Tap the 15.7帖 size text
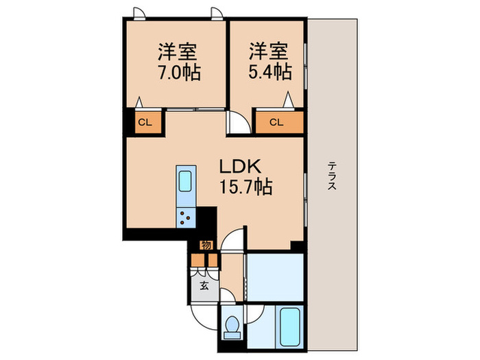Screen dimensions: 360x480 (245, 186)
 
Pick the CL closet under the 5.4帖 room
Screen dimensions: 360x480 (276, 123)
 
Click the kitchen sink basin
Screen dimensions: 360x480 (185, 181)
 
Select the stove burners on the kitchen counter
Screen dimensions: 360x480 (186, 217)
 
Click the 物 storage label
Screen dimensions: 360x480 (206, 245)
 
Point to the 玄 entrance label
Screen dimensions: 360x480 (204, 285)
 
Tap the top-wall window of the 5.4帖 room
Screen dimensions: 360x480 (219, 13)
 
